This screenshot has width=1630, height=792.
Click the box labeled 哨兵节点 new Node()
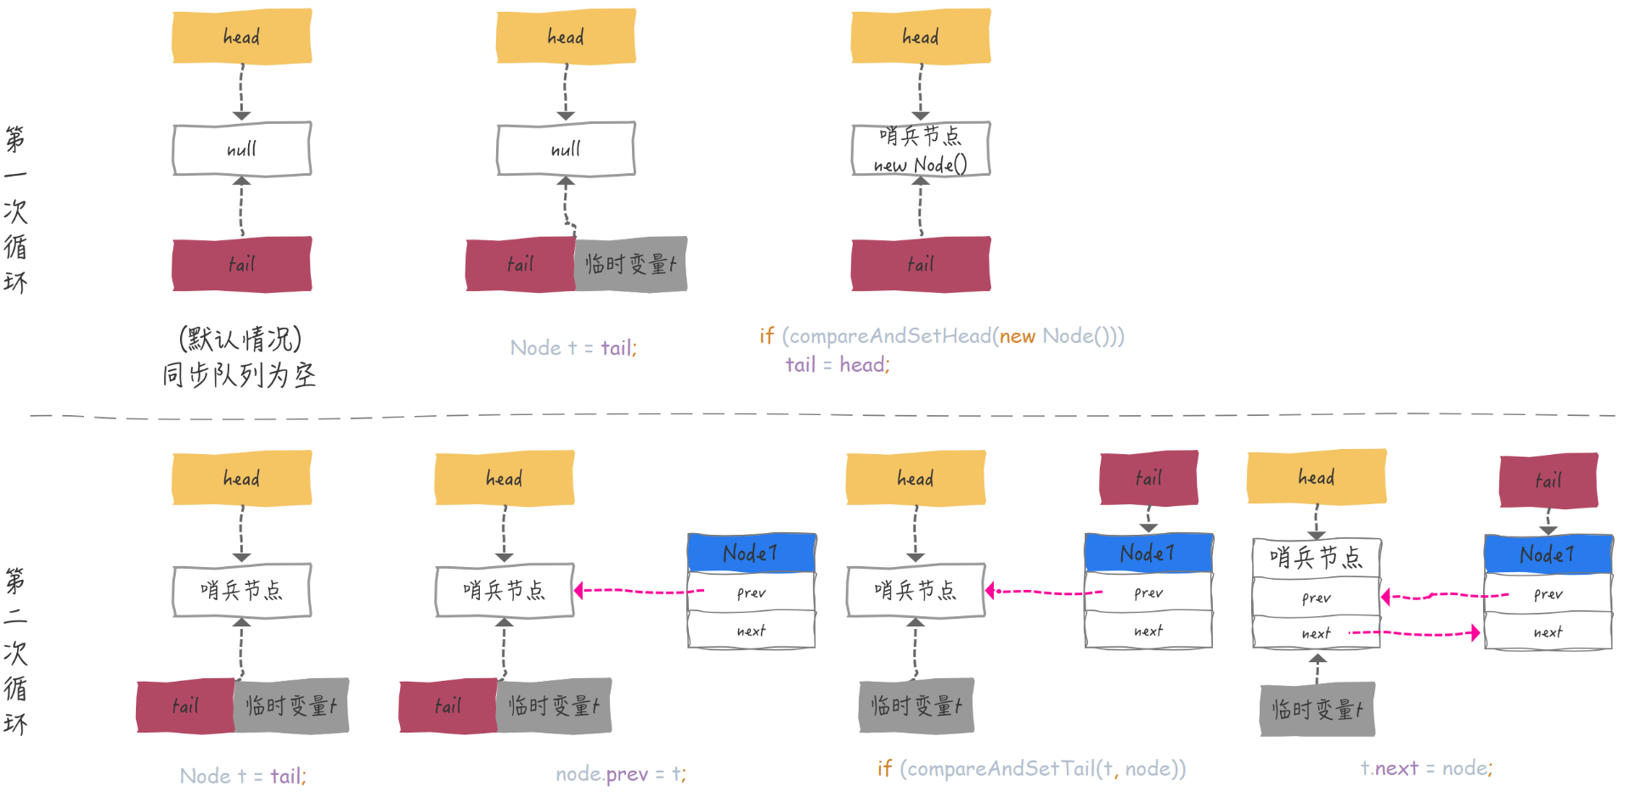[921, 149]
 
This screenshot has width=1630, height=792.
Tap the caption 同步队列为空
[240, 374]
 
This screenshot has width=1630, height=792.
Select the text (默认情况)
[240, 339]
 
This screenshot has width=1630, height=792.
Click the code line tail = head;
[837, 365]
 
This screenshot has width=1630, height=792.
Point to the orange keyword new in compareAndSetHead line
[1017, 336]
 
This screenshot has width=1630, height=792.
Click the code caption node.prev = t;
[621, 773]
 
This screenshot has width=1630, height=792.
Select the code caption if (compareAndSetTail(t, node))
[1031, 768]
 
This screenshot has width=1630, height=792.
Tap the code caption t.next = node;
[1426, 768]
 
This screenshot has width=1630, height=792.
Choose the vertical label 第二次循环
[15, 651]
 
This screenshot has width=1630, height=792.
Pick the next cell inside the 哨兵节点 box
[1316, 633]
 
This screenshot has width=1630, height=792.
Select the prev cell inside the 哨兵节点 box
[1316, 598]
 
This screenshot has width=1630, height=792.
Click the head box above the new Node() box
[921, 37]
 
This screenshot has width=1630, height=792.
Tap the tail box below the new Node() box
[921, 264]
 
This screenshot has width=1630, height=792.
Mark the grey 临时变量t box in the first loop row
[630, 264]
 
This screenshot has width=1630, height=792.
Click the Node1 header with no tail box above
[751, 553]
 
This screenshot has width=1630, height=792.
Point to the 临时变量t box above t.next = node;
[1317, 709]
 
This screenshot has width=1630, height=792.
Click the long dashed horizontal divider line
[815, 416]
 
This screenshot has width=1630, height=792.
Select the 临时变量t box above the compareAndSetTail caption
[916, 705]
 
